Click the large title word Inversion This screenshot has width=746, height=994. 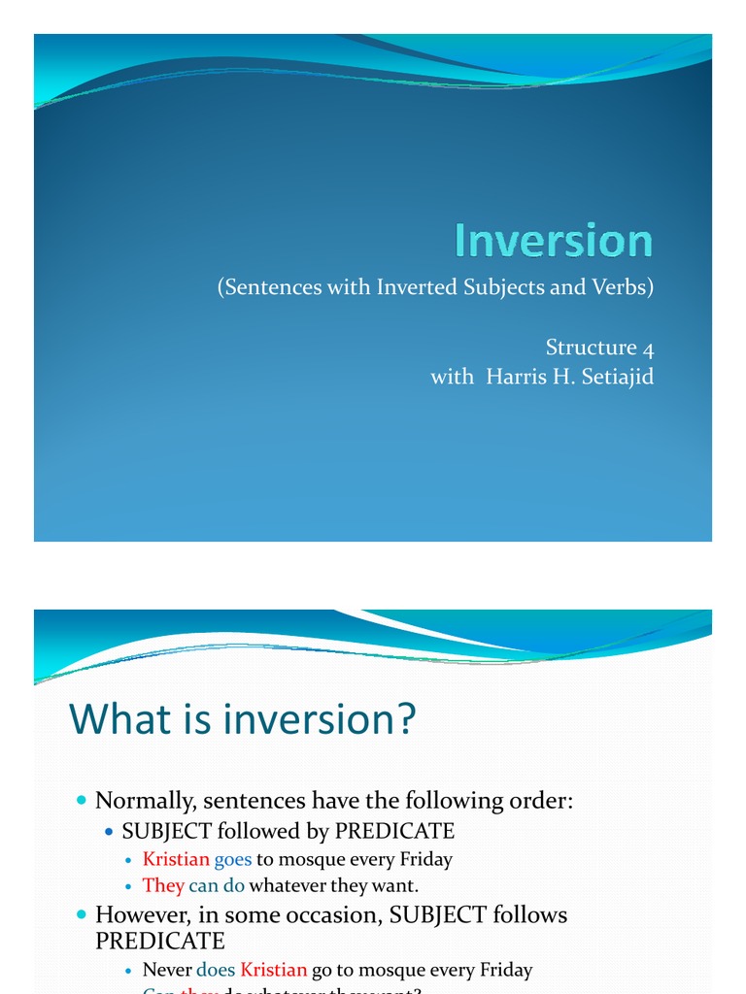pyautogui.click(x=554, y=241)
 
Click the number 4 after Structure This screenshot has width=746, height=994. pyautogui.click(x=646, y=348)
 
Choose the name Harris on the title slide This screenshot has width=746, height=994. pyautogui.click(x=511, y=377)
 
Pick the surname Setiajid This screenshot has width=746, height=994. pyautogui.click(x=612, y=377)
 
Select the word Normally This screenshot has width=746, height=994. pyautogui.click(x=142, y=801)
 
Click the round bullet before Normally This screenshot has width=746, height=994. pyautogui.click(x=81, y=801)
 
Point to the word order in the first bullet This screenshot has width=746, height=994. pyautogui.click(x=541, y=801)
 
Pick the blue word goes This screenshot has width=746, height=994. pyautogui.click(x=233, y=859)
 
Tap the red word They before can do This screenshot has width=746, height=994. pyautogui.click(x=163, y=885)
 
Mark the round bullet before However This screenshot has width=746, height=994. pyautogui.click(x=81, y=914)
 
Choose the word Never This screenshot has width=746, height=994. pyautogui.click(x=167, y=970)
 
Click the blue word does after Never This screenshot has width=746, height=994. pyautogui.click(x=216, y=970)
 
